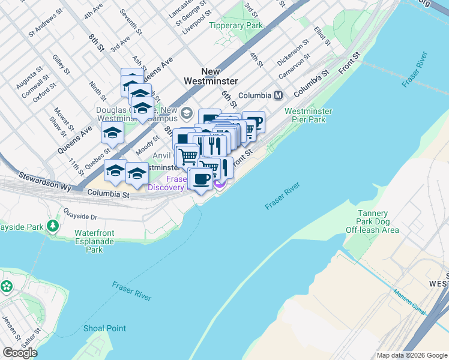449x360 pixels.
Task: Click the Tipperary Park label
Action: click(x=236, y=26)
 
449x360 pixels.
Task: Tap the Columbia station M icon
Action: click(x=279, y=95)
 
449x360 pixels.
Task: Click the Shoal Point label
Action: click(x=104, y=328)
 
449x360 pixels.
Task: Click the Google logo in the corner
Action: click(x=20, y=353)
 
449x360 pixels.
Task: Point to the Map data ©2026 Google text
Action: click(x=411, y=355)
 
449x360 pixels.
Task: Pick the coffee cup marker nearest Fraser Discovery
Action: click(x=202, y=179)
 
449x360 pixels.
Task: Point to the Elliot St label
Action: click(x=322, y=35)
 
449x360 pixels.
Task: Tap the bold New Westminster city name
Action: click(x=211, y=76)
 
